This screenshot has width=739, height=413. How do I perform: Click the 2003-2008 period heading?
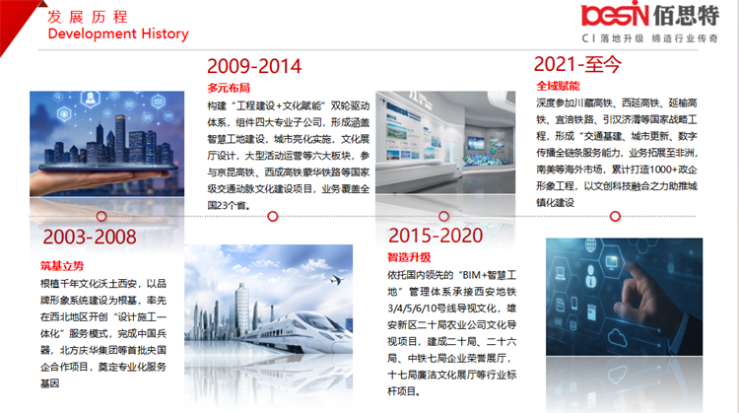click(90, 237)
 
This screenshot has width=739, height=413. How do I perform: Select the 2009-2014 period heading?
click(254, 66)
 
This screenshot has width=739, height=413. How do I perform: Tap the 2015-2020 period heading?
click(435, 236)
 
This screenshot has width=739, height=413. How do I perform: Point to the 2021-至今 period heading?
click(577, 64)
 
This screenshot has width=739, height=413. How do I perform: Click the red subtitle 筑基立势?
click(62, 266)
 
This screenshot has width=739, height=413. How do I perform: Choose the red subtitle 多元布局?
click(229, 88)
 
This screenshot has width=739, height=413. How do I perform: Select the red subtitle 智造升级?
click(409, 257)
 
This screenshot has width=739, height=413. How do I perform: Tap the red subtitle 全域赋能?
click(558, 86)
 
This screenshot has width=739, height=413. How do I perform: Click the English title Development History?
click(118, 34)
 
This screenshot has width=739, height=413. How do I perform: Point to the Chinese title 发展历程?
click(88, 17)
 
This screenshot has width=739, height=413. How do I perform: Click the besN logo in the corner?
click(615, 14)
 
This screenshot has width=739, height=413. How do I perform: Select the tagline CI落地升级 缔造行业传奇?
click(650, 38)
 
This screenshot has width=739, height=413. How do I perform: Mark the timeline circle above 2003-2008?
click(101, 217)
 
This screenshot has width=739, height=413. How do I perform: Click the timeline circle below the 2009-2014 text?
click(272, 217)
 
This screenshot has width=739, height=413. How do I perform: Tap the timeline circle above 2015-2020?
click(443, 217)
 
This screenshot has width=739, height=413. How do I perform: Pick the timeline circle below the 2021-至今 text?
click(615, 217)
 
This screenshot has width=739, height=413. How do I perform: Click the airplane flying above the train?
click(337, 280)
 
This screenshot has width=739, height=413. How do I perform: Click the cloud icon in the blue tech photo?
click(618, 337)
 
